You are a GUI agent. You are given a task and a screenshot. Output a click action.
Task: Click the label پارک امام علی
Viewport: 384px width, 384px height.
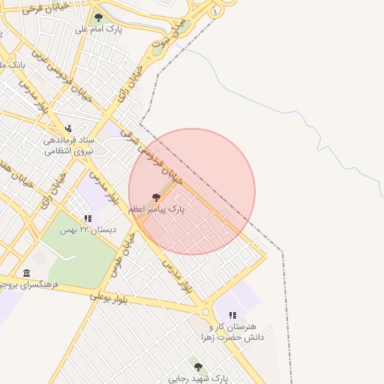click(x=98, y=29)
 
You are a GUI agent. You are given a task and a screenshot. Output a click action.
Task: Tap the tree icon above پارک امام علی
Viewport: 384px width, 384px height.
click(x=98, y=16)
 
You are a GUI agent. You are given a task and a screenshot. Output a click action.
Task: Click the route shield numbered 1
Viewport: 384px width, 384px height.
click(x=216, y=11)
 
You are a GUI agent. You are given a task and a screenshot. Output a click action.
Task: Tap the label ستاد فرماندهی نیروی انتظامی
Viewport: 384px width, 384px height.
click(x=67, y=145)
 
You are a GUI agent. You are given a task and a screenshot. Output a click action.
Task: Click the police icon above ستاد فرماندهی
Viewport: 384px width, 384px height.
click(x=68, y=128)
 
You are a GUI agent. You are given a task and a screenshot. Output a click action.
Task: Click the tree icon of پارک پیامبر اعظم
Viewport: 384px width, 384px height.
click(x=156, y=197)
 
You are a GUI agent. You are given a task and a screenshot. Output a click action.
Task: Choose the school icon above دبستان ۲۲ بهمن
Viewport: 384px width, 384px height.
click(x=88, y=218)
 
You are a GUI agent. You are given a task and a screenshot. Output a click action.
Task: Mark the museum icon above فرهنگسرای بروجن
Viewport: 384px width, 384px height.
click(x=27, y=272)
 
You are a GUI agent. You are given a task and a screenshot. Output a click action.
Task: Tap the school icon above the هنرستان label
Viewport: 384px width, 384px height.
click(x=232, y=316)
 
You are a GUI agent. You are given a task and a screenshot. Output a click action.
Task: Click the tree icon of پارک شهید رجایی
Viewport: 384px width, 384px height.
click(x=198, y=367)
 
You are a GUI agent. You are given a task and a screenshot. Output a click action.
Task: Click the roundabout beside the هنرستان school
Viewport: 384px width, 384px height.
click(x=205, y=311)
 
